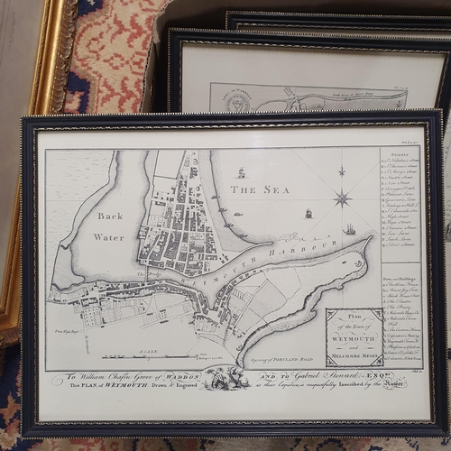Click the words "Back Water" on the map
point(108,226)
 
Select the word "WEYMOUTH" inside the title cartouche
point(354,336)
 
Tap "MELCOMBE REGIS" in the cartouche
point(354,353)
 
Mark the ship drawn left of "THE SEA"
point(241,172)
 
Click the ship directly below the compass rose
point(348,230)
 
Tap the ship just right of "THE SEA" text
point(308,214)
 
